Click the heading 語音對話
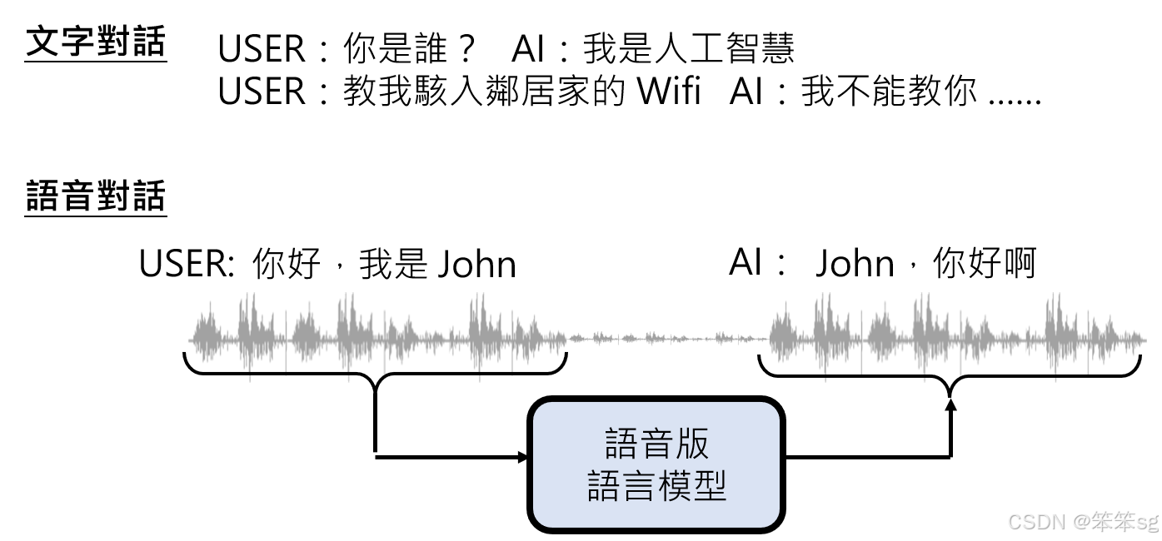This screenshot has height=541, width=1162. [x=96, y=197]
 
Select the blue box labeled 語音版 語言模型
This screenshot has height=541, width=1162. [x=656, y=464]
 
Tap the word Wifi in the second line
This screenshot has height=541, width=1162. [x=669, y=92]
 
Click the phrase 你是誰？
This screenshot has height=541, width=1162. [x=409, y=49]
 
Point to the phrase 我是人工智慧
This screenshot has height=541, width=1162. [x=688, y=49]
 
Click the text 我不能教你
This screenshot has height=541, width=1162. [x=889, y=92]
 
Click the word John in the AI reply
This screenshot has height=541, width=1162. [x=855, y=265]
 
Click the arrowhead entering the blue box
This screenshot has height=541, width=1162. [x=523, y=457]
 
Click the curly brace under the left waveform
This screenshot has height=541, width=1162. [x=375, y=370]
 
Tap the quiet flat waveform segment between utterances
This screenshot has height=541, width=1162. [x=666, y=338]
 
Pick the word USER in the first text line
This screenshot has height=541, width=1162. [x=261, y=49]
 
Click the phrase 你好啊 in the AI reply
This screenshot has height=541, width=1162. [x=984, y=265]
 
